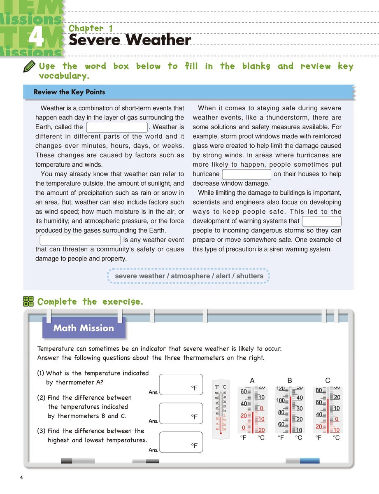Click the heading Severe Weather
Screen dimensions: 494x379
tap(130, 40)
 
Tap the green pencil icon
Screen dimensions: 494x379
tap(30, 67)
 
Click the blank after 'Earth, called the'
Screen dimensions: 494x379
tap(117, 127)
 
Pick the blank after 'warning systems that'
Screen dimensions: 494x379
tap(322, 221)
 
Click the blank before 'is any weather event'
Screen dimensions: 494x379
tap(80, 240)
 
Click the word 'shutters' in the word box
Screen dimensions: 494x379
tap(250, 276)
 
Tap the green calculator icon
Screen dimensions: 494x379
tap(28, 301)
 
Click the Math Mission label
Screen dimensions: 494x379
tap(84, 328)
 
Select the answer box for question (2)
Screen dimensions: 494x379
tap(181, 414)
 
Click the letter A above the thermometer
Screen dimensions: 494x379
tap(252, 381)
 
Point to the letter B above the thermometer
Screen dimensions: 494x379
tap(290, 381)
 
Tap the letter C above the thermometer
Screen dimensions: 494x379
tap(328, 381)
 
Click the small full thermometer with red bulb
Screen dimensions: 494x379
tap(221, 409)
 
